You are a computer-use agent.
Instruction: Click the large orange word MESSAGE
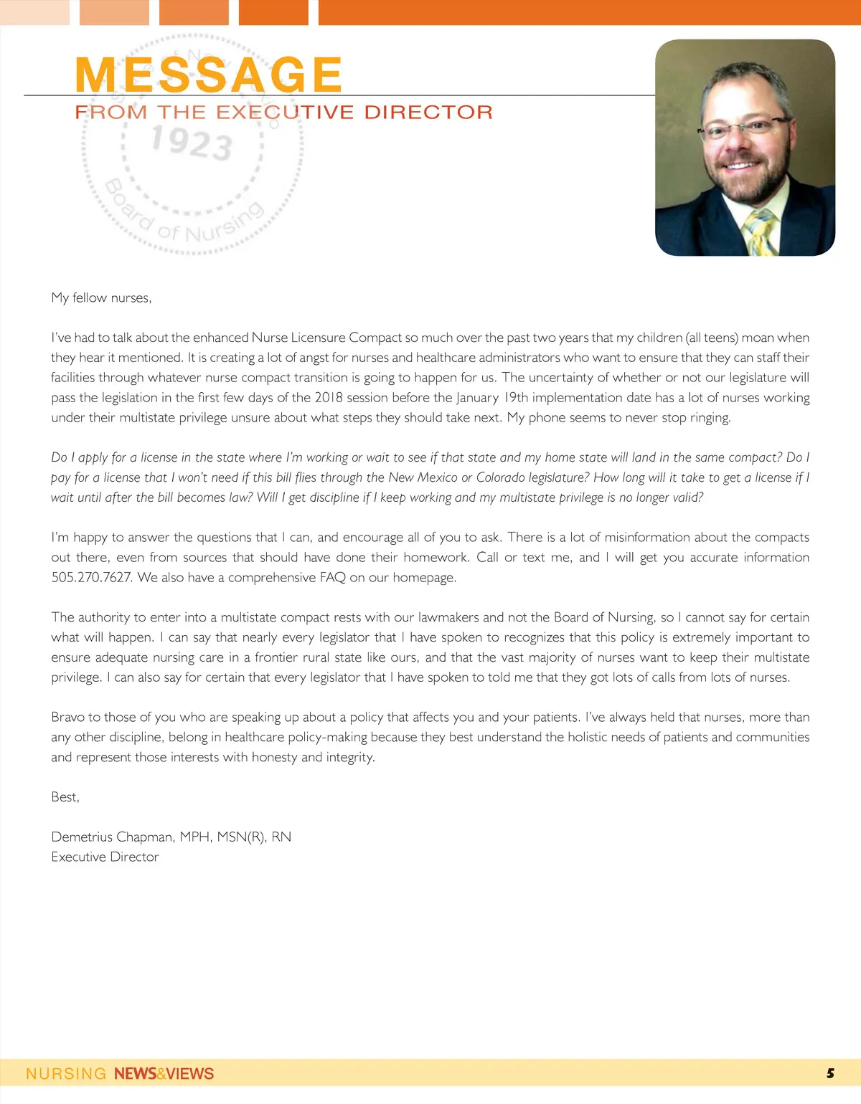click(x=208, y=75)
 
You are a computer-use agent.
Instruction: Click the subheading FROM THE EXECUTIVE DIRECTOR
click(x=284, y=113)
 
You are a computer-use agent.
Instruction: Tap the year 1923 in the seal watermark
click(x=192, y=141)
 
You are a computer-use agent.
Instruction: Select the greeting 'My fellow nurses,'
click(x=101, y=298)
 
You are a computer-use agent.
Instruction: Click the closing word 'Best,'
click(x=65, y=796)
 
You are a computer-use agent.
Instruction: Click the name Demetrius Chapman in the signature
click(x=112, y=837)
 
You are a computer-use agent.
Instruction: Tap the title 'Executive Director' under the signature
click(x=105, y=857)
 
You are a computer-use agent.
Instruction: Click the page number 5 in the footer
click(x=830, y=1073)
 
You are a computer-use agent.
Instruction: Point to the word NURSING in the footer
click(x=66, y=1074)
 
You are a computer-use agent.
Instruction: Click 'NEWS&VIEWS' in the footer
click(x=164, y=1074)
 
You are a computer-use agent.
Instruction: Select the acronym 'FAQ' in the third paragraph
click(x=333, y=577)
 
